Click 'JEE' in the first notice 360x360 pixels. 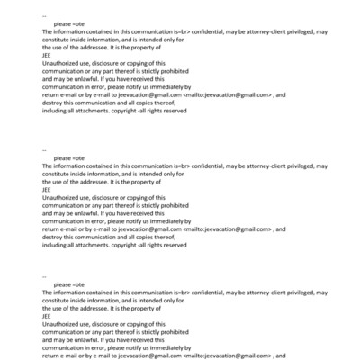pos(47,55)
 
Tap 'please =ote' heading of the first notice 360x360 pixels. pos(67,22)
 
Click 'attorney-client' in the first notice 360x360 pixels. pos(249,31)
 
